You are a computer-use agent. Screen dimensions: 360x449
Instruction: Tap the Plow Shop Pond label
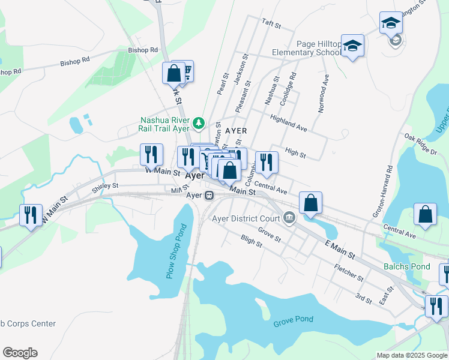[x=176, y=251]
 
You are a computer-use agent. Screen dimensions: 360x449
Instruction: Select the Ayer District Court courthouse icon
[x=290, y=217]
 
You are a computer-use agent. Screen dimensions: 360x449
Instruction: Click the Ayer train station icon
[x=209, y=196]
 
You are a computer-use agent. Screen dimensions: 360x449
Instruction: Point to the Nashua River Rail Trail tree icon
[x=199, y=124]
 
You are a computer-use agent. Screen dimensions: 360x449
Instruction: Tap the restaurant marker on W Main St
[x=151, y=154]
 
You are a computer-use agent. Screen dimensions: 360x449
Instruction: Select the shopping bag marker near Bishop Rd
[x=173, y=73]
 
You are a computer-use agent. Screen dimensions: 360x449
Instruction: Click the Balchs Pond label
[x=408, y=266]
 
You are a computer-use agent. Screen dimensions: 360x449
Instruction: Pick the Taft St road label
[x=271, y=23]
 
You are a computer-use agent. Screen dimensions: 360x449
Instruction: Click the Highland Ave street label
[x=289, y=124]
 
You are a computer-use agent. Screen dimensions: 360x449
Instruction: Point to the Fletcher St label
[x=349, y=274]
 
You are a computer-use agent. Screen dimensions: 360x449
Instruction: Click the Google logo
[x=20, y=353]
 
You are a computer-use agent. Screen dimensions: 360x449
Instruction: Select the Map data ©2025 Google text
[x=412, y=355]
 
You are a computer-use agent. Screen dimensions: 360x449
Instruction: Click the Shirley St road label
[x=106, y=187]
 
